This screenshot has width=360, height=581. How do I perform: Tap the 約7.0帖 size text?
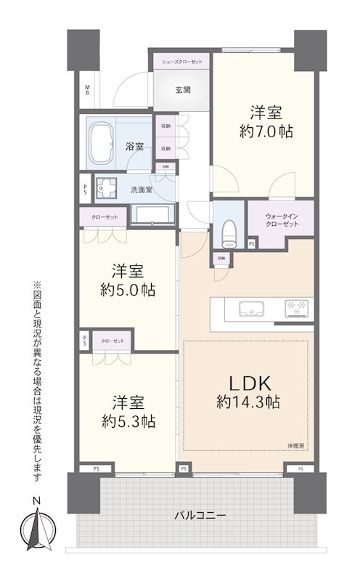tap(266, 132)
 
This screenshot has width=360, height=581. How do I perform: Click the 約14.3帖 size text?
tap(248, 401)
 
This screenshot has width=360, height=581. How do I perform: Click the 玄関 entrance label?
tap(182, 90)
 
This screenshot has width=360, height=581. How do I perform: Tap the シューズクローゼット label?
tap(181, 61)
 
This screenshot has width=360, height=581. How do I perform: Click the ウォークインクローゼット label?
tap(282, 219)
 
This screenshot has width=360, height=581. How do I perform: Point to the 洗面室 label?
tap(141, 190)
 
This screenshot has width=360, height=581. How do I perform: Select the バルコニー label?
tap(200, 515)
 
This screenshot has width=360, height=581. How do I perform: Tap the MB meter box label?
tap(87, 90)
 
